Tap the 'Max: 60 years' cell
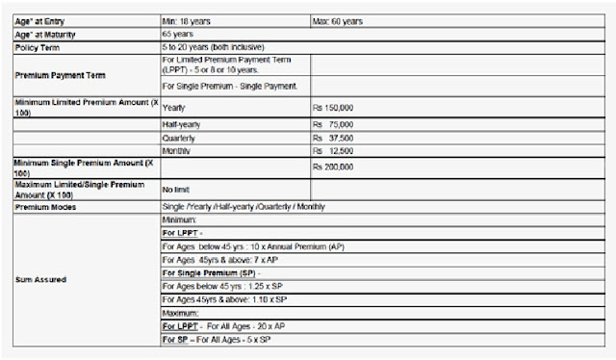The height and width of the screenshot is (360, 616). [x=338, y=20]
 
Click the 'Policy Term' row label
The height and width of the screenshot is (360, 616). [x=38, y=47]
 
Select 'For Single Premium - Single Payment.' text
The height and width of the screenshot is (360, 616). [x=224, y=86]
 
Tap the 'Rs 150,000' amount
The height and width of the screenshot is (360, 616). [x=334, y=108]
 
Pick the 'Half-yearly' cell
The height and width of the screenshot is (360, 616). [x=182, y=123]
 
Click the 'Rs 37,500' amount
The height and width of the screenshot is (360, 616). [x=334, y=137]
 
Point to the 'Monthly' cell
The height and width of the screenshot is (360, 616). [x=177, y=150]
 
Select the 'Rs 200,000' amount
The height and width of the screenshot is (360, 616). [x=334, y=167]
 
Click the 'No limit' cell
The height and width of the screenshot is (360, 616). [x=176, y=189]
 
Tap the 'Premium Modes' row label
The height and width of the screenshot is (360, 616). [x=46, y=207]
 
